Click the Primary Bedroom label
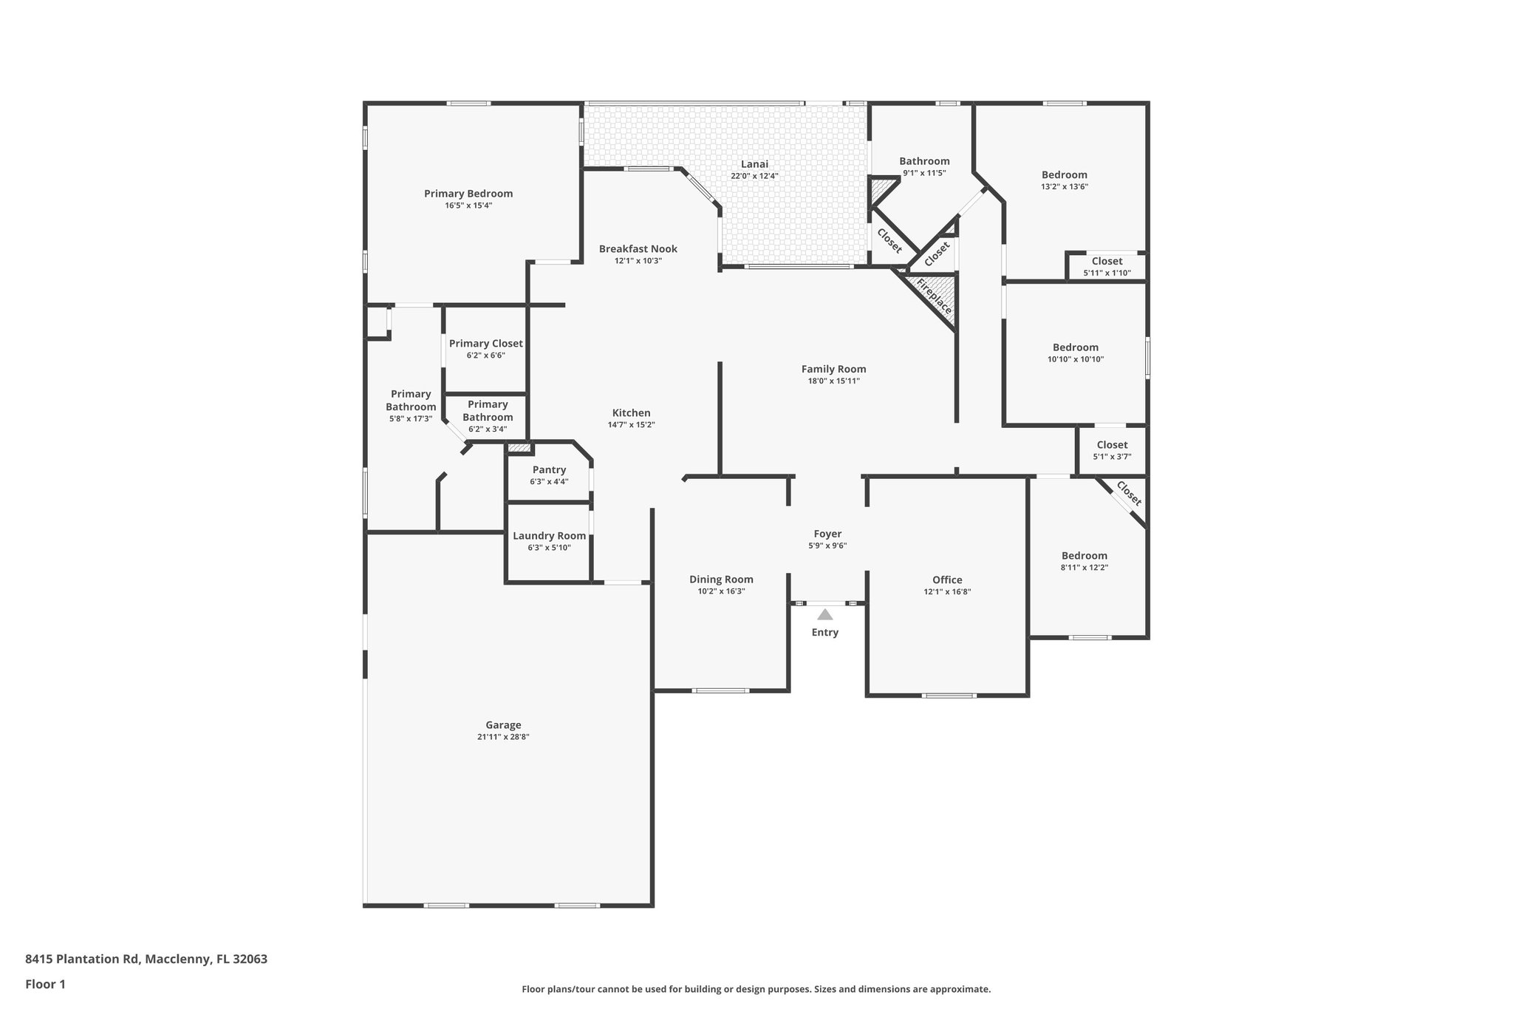coord(468,194)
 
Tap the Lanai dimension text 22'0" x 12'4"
coord(754,176)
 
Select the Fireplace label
coord(934,296)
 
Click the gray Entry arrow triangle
coord(824,614)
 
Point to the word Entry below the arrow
coord(824,632)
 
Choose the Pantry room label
coord(549,469)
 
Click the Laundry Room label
coord(549,536)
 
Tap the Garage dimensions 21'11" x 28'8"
coord(503,737)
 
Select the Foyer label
coord(827,534)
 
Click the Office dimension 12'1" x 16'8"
coord(947,591)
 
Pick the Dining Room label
coord(721,580)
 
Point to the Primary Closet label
coord(485,343)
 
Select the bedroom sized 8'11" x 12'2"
coord(1085,556)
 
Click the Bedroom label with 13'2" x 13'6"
coord(1065,175)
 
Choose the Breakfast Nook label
coord(638,249)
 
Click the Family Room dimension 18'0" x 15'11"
coord(833,381)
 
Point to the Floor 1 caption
coord(45,985)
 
